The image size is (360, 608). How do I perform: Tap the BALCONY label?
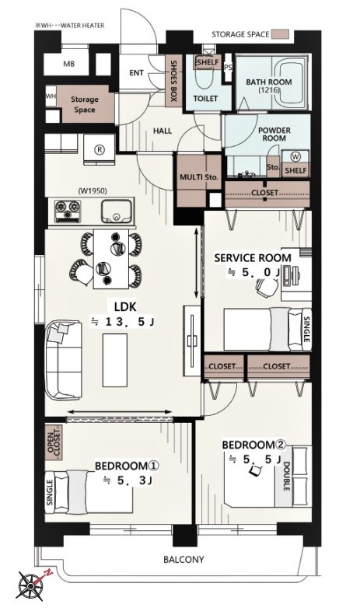183,560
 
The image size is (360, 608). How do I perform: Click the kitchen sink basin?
116,211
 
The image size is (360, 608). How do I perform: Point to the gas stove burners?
68,211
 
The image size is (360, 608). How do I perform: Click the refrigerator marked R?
100,150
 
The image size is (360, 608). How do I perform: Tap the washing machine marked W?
295,157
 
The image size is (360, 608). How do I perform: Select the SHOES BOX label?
174,81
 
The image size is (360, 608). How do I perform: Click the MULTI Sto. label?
199,177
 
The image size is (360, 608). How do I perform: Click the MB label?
69,64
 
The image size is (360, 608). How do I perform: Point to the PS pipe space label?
228,68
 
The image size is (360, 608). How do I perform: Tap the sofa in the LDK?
64,359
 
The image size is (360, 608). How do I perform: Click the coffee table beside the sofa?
115,360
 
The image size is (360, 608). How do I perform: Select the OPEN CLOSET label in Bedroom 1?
54,442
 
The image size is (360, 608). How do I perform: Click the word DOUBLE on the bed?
287,477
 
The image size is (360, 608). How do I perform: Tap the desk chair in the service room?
267,288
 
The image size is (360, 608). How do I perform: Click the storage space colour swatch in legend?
280,34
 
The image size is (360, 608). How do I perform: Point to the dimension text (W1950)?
93,190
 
